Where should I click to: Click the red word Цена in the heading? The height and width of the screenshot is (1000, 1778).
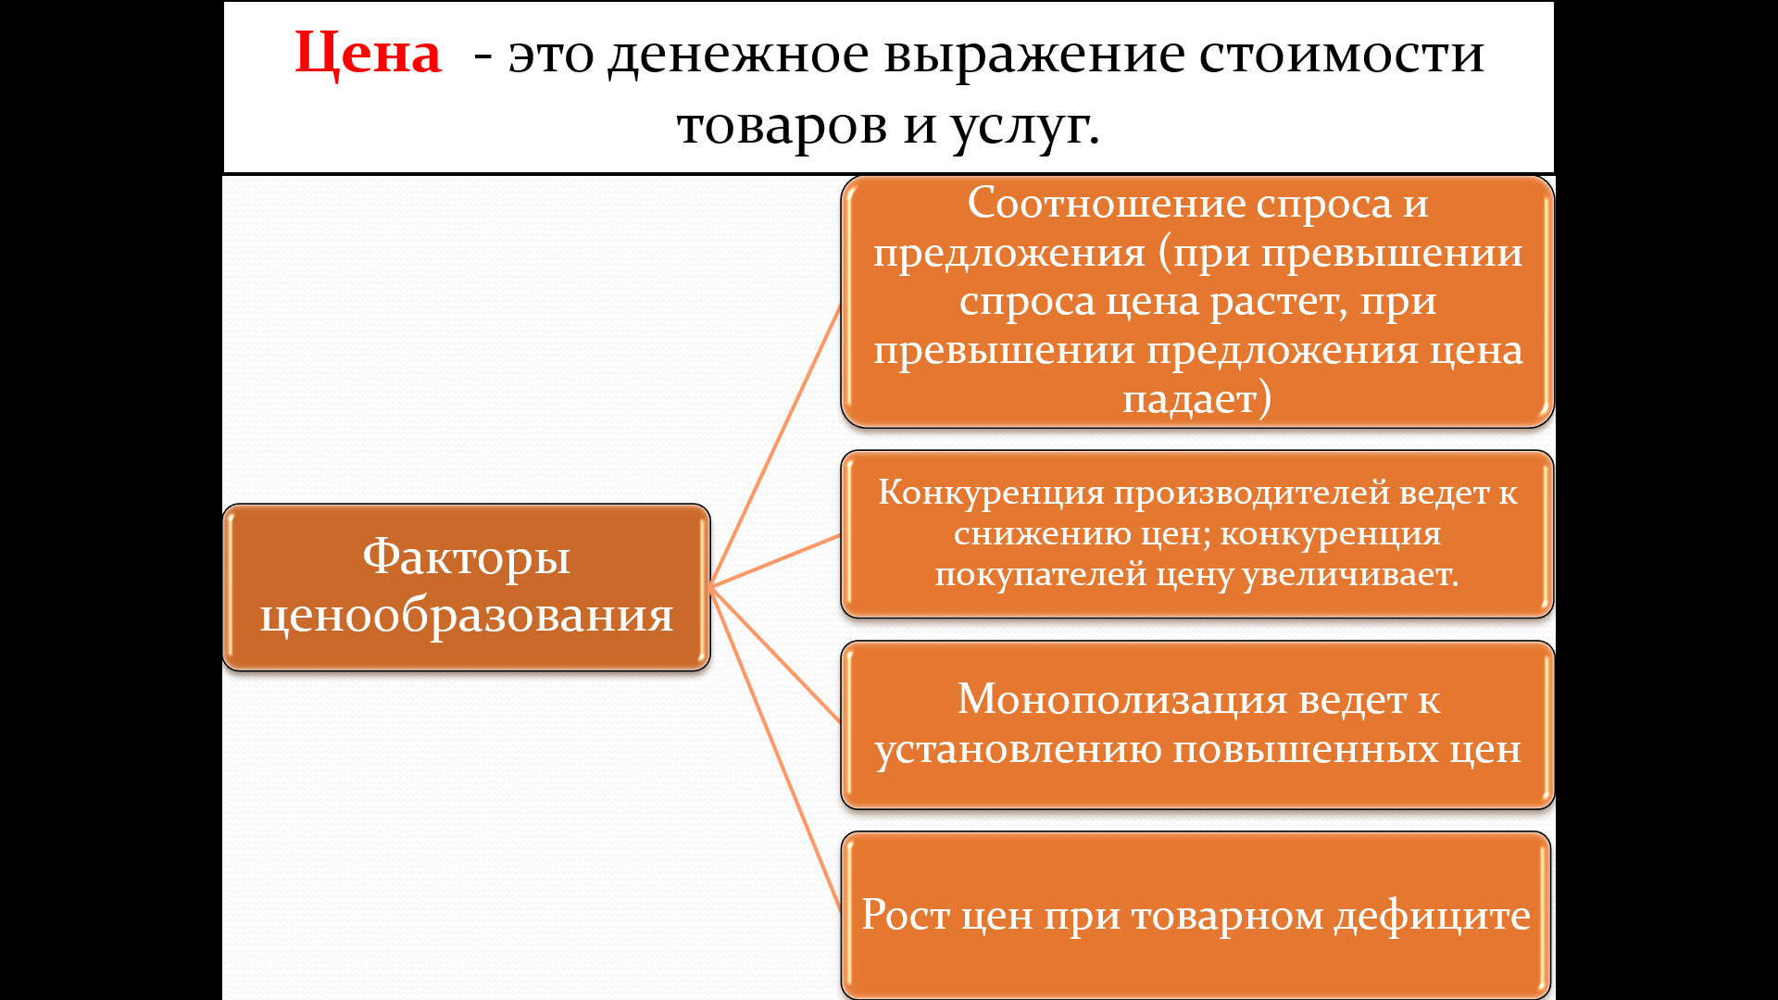pos(368,55)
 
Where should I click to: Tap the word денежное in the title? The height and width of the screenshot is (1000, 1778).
pos(739,56)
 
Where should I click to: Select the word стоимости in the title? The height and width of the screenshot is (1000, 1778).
pos(1342,55)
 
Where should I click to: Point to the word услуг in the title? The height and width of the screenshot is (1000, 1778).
pos(1020,128)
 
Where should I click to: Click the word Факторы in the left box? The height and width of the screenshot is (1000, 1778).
pos(466,557)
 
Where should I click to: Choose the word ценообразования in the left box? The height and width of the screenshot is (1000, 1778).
pos(466,616)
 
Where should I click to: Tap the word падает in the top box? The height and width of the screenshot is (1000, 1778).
pos(1190,399)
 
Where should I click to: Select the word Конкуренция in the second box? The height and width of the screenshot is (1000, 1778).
pos(991,494)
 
